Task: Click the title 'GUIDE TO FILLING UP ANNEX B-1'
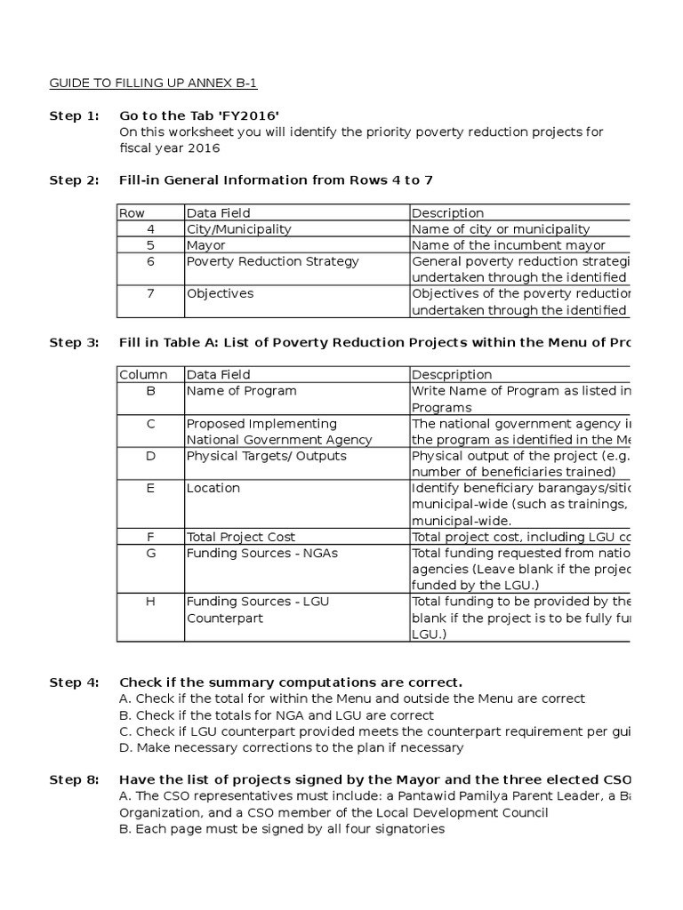[153, 84]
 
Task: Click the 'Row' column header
[133, 213]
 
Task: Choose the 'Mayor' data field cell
[206, 245]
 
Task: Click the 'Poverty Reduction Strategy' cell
[272, 261]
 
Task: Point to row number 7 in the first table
[150, 293]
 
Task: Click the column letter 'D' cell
[150, 456]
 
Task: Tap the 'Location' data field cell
[213, 488]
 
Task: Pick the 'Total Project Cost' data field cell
[240, 537]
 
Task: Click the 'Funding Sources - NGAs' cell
[261, 553]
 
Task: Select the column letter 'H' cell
[150, 602]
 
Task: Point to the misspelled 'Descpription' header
[452, 375]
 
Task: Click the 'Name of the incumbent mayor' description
[508, 245]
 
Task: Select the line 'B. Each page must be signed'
[281, 829]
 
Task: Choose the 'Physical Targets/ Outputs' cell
[266, 456]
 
